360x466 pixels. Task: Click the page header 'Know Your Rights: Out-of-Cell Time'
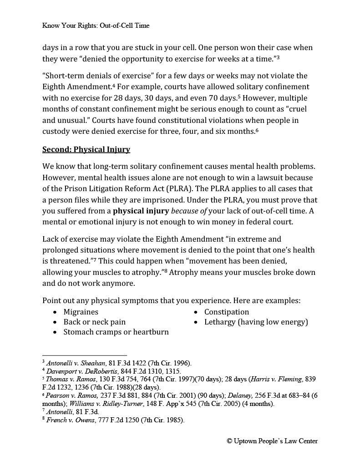96,25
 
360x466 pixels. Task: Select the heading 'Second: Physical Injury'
86,149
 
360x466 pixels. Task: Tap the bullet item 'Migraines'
81,312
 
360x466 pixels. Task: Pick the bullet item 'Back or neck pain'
94,322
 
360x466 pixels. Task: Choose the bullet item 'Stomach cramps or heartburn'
116,332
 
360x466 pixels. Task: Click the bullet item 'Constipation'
226,312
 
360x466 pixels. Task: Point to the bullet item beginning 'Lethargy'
256,322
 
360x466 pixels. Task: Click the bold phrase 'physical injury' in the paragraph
141,211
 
